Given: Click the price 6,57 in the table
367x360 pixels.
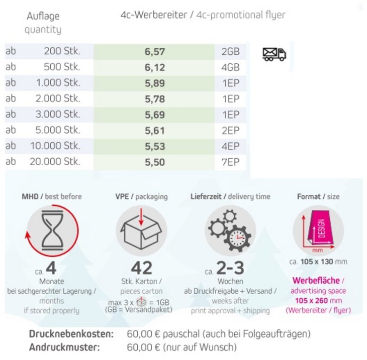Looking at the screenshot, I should click(x=155, y=52).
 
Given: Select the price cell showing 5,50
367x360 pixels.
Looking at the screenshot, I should click(x=155, y=162).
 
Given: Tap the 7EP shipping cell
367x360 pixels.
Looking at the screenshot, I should click(x=230, y=162).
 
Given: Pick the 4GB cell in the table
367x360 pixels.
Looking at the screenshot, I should click(x=230, y=67).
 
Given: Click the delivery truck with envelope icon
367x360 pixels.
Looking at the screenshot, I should click(x=274, y=54).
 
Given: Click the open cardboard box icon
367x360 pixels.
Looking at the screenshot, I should click(x=141, y=230).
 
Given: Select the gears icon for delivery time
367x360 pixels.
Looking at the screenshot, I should click(x=230, y=230).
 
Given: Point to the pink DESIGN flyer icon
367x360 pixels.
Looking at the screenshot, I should click(x=318, y=230).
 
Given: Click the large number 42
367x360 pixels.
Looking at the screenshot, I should click(x=141, y=268).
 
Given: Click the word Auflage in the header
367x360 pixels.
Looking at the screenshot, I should click(x=43, y=17).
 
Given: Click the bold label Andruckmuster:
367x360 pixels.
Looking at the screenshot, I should click(x=65, y=347).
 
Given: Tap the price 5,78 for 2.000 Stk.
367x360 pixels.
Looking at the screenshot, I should click(x=155, y=99).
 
